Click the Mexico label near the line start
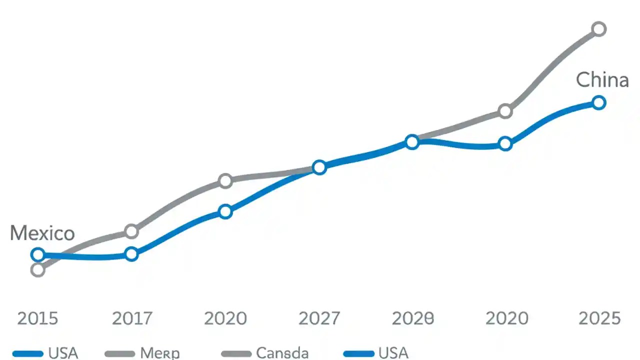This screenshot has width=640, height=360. click(x=42, y=233)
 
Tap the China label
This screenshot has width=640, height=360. click(x=602, y=80)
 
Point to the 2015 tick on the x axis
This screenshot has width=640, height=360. click(x=37, y=318)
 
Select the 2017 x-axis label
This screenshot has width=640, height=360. click(x=131, y=318)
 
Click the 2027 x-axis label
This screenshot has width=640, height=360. click(x=319, y=318)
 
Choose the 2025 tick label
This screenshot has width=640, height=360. click(x=599, y=318)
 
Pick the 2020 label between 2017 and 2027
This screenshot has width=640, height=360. click(x=225, y=318)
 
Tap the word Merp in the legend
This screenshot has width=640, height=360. click(x=159, y=353)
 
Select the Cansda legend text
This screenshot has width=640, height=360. click(x=282, y=353)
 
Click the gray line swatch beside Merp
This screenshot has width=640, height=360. click(x=119, y=354)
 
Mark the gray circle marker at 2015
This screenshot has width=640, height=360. click(x=37, y=270)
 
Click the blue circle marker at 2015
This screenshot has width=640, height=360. click(x=37, y=254)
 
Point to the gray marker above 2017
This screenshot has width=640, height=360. click(x=131, y=231)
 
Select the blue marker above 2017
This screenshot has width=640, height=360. click(x=131, y=254)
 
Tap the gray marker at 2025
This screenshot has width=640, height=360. click(x=599, y=29)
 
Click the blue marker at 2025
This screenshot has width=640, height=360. click(x=599, y=103)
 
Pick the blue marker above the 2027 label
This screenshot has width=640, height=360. click(x=319, y=167)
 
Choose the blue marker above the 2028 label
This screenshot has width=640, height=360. click(x=412, y=142)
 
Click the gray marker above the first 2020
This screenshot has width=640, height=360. click(x=225, y=180)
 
